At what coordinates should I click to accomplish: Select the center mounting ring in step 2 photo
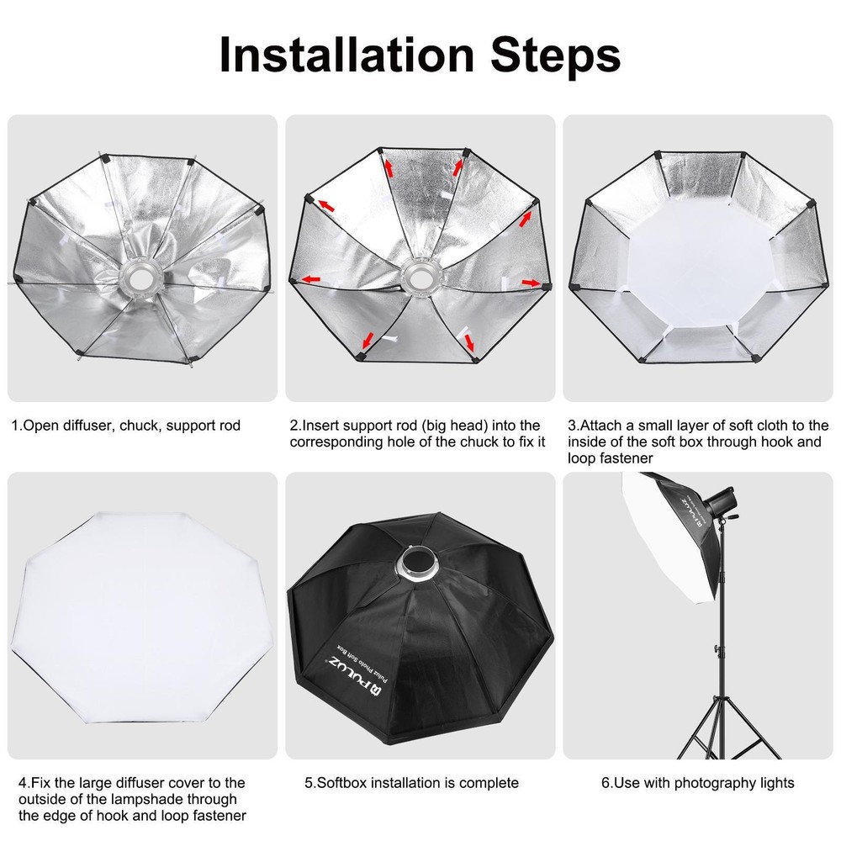pyautogui.click(x=418, y=278)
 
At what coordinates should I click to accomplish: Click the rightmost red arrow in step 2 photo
pyautogui.click(x=531, y=283)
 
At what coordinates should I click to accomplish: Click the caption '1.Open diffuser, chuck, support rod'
pyautogui.click(x=125, y=426)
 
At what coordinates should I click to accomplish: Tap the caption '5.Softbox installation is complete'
pyautogui.click(x=411, y=783)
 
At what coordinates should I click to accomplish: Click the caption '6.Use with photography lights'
pyautogui.click(x=697, y=783)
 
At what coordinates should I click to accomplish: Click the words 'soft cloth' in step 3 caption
pyautogui.click(x=752, y=426)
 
